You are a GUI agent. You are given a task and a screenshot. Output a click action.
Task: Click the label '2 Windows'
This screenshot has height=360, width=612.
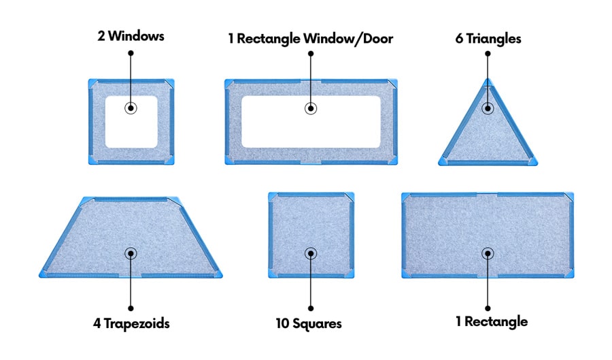pyautogui.click(x=130, y=36)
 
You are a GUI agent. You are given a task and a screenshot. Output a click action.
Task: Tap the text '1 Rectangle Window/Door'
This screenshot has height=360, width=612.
pyautogui.click(x=310, y=39)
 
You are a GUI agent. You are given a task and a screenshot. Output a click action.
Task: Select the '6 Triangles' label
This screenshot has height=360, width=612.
pyautogui.click(x=488, y=39)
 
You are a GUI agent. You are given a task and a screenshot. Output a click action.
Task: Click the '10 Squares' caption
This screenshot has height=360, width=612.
pyautogui.click(x=309, y=323)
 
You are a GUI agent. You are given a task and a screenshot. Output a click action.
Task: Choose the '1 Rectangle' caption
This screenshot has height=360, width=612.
pyautogui.click(x=491, y=321)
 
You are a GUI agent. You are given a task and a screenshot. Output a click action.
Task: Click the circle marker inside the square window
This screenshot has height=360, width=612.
pyautogui.click(x=130, y=108)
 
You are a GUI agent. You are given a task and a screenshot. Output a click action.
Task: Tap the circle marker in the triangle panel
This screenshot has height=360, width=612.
pyautogui.click(x=488, y=108)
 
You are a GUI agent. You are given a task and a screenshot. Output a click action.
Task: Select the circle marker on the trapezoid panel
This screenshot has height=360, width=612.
pyautogui.click(x=130, y=253)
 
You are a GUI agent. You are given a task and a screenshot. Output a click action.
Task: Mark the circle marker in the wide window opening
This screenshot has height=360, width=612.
pyautogui.click(x=310, y=108)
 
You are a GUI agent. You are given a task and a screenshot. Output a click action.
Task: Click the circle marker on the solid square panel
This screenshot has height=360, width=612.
pyautogui.click(x=310, y=253)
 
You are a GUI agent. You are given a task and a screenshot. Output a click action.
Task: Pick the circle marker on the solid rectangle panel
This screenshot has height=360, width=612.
pyautogui.click(x=488, y=253)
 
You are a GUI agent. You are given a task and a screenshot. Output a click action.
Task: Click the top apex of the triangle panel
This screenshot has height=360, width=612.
pyautogui.click(x=488, y=80)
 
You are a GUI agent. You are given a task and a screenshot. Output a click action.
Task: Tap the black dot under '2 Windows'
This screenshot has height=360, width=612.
pyautogui.click(x=130, y=52)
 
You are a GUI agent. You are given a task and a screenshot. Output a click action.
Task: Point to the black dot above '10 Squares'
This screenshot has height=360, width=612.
pyautogui.click(x=310, y=307)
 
